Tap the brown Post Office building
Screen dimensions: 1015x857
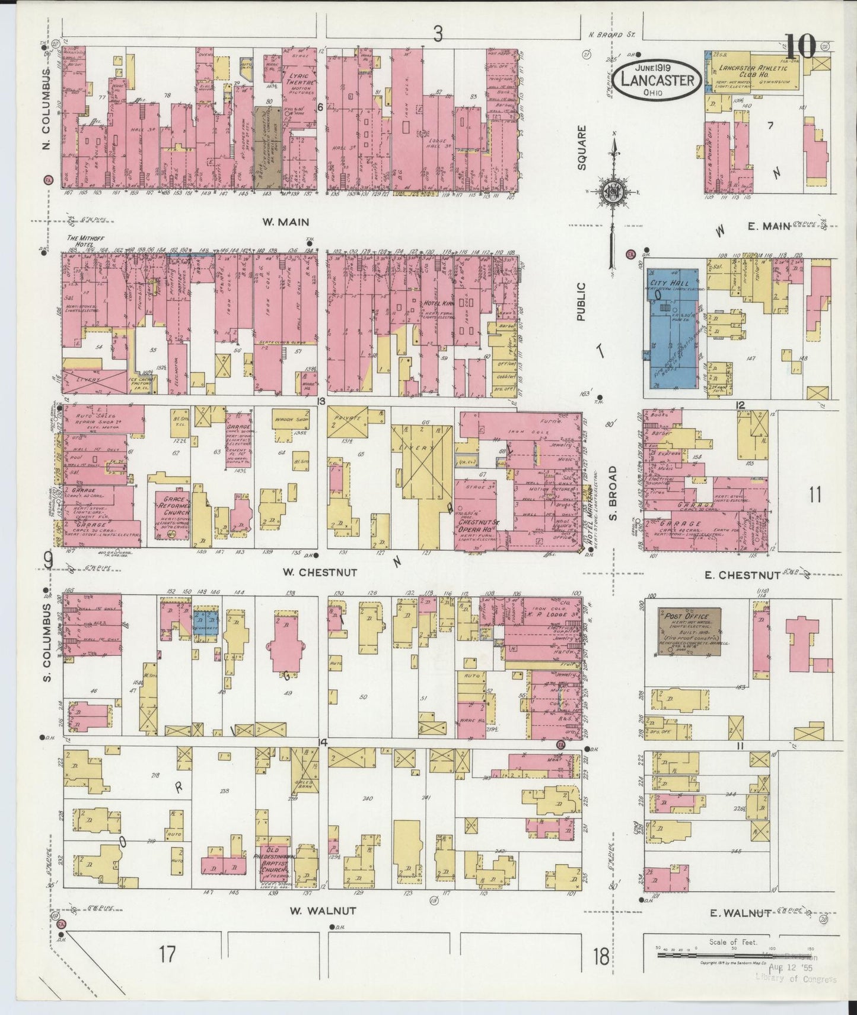tap(689, 632)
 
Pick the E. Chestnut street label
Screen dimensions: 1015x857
tap(743, 575)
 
